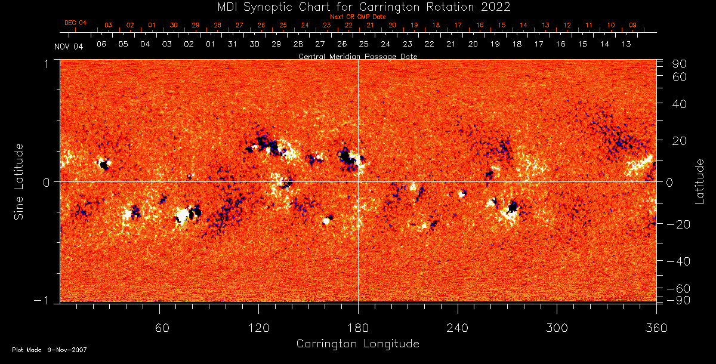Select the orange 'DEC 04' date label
pos(76,23)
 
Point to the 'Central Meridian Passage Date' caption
pos(357,57)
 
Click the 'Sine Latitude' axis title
pos(19,181)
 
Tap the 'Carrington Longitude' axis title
pos(357,344)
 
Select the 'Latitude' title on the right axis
pos(700,181)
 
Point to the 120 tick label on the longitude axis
pos(259,327)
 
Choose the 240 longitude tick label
pos(458,327)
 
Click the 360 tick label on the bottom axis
pos(656,327)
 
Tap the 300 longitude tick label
pos(557,327)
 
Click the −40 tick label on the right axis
pos(678,261)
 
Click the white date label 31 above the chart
pos(232,44)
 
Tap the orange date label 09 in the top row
pos(632,25)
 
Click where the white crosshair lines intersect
pos(358,181)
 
